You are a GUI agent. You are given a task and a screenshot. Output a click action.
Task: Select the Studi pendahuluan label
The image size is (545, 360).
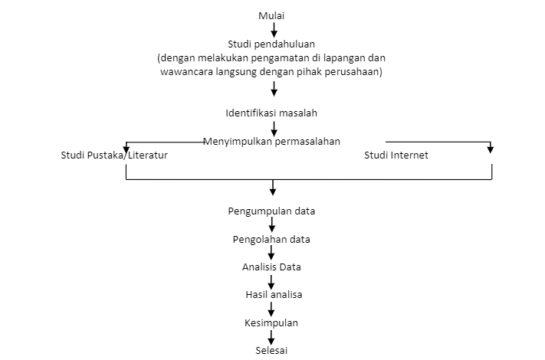271,43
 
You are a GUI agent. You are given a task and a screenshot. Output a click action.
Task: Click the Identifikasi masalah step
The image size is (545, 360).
271,113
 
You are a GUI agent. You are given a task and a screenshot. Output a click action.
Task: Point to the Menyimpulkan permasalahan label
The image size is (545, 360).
271,142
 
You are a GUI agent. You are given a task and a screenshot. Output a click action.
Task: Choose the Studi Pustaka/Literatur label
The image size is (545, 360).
114,155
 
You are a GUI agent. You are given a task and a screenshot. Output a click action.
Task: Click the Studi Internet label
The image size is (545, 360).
396,155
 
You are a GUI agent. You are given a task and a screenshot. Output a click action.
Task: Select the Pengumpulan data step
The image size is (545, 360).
271,211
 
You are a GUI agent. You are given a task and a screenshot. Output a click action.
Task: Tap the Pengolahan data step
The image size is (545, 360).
271,239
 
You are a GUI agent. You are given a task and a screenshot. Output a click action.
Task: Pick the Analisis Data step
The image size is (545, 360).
271,267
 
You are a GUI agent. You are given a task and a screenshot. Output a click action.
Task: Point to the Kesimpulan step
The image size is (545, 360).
271,322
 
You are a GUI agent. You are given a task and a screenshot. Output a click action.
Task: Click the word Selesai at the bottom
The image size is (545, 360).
271,351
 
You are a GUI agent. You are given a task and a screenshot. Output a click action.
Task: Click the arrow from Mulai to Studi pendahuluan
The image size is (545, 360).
273,29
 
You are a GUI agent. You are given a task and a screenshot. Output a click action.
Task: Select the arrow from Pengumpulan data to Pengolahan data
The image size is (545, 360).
272,224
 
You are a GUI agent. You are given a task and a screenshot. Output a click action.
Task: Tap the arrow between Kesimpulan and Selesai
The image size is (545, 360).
272,336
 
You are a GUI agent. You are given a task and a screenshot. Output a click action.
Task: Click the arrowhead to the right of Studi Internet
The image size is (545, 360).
491,149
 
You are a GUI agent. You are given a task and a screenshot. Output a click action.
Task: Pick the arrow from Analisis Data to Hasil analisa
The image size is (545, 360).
272,280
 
